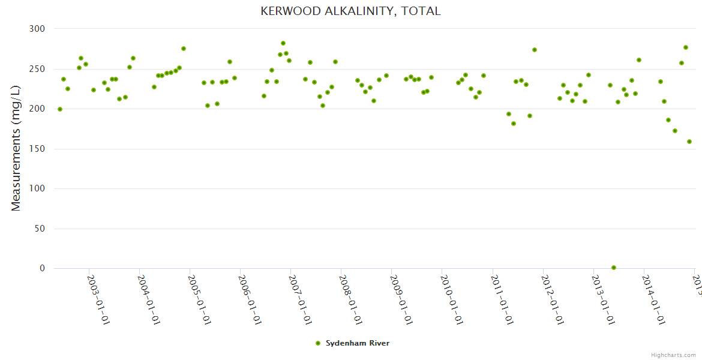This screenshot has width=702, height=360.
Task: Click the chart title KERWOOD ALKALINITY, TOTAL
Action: coord(350,11)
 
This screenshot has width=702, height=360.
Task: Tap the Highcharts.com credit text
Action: coord(673,355)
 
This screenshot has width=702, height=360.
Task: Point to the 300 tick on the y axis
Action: coord(37,29)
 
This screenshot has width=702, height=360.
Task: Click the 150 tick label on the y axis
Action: coord(37,149)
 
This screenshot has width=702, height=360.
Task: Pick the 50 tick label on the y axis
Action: coord(40,229)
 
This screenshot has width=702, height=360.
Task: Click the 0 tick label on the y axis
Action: coord(42,269)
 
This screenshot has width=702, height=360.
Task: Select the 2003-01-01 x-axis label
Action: coord(98,300)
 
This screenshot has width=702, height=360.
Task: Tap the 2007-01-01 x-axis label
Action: coord(300,300)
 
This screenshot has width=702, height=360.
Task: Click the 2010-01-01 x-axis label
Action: coord(451,300)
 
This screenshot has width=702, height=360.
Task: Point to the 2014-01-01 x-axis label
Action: coord(653,300)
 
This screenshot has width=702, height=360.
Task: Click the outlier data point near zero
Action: coord(614,268)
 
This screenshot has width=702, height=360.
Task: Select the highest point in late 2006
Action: coord(283,43)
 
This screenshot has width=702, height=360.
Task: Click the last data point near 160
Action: coord(689,142)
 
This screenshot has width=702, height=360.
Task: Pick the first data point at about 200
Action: coord(60,109)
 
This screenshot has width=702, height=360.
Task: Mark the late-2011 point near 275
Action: coord(535,50)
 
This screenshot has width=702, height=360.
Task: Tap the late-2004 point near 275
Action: coord(184,49)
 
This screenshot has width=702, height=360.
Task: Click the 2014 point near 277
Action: coord(686,47)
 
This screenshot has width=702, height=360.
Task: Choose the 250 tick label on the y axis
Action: coord(37,69)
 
